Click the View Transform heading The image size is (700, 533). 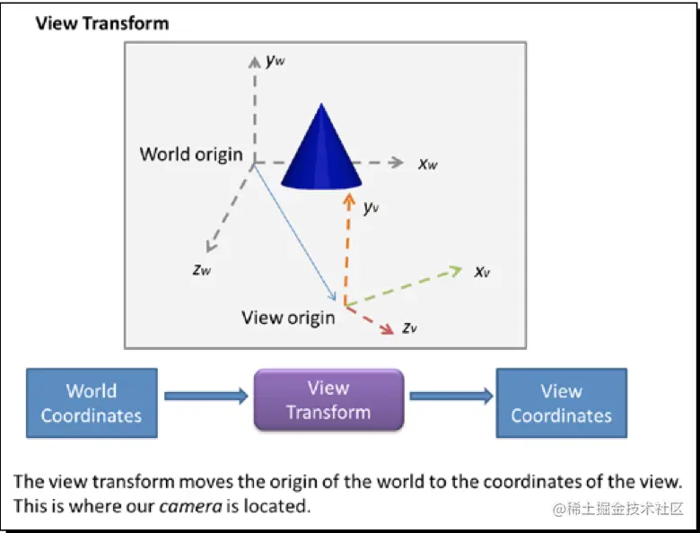101,23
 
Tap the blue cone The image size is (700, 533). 320,152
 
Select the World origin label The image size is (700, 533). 191,153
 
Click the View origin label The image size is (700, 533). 288,317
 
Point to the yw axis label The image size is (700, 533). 276,61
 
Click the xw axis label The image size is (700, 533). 428,164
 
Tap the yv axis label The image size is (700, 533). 372,207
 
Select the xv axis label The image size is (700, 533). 482,270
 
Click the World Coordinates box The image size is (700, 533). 92,403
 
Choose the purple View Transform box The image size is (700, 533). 328,400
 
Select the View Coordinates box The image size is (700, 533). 562,403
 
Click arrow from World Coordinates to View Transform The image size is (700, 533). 206,394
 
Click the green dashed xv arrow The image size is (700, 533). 404,286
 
